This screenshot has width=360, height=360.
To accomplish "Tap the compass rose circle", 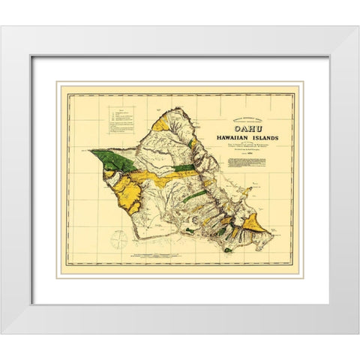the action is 118,238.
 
